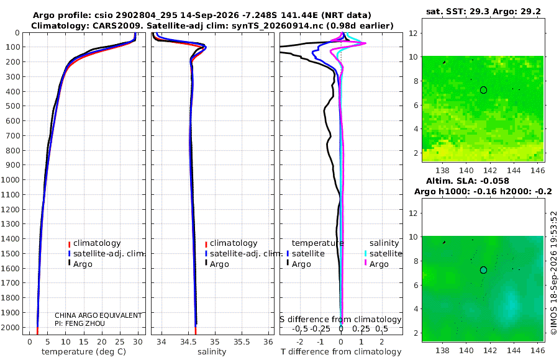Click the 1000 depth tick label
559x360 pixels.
click(10, 179)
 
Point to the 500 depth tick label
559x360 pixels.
click(12, 106)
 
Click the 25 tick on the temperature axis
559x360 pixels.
click(120, 342)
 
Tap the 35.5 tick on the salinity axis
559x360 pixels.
click(242, 342)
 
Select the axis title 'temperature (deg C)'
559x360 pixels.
click(84, 352)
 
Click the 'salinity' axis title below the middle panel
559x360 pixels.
click(212, 352)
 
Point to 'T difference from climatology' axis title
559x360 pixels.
click(341, 352)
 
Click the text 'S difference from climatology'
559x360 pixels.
click(340, 319)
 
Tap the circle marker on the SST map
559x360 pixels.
click(483, 90)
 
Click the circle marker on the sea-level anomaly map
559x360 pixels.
click(483, 270)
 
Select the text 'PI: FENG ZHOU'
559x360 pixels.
click(80, 323)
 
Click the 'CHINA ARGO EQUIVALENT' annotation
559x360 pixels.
click(98, 315)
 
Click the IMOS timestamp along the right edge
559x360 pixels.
click(553, 273)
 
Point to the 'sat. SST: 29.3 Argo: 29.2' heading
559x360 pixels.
click(483, 11)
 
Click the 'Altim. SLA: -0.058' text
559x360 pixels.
click(467, 181)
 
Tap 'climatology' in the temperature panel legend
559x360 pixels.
click(97, 243)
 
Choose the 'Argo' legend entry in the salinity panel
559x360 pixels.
click(219, 264)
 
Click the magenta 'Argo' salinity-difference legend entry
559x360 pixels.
click(379, 264)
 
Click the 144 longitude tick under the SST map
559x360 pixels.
click(514, 170)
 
